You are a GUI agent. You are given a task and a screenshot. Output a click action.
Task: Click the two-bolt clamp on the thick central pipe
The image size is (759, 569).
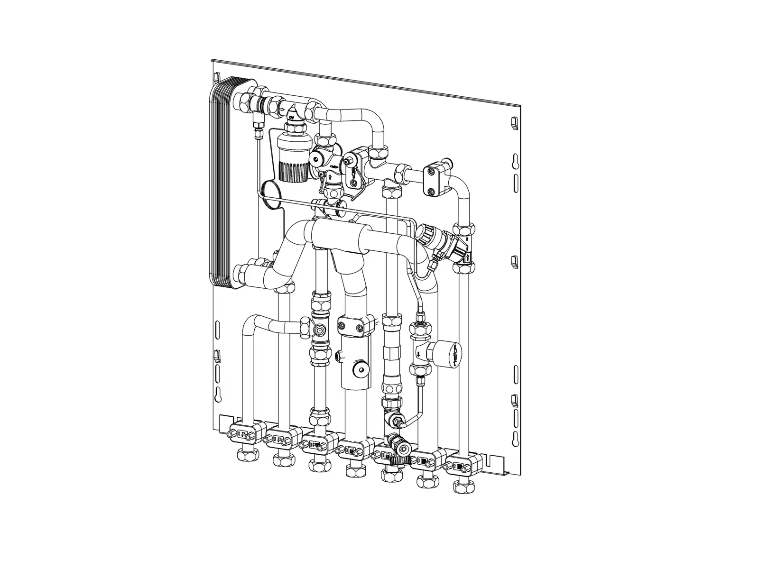click(351, 326)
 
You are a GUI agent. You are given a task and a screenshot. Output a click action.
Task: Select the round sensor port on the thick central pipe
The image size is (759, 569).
click(362, 369)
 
